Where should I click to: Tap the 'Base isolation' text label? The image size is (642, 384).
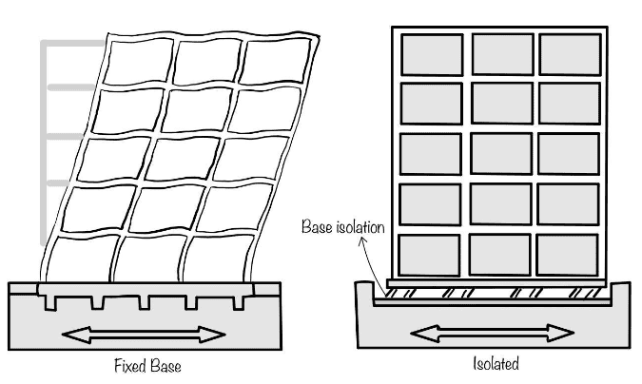coord(343,229)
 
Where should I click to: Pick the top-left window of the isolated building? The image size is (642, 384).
coord(432,55)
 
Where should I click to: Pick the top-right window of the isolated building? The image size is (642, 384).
coord(570,55)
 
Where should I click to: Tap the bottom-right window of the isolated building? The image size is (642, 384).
coord(568,255)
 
